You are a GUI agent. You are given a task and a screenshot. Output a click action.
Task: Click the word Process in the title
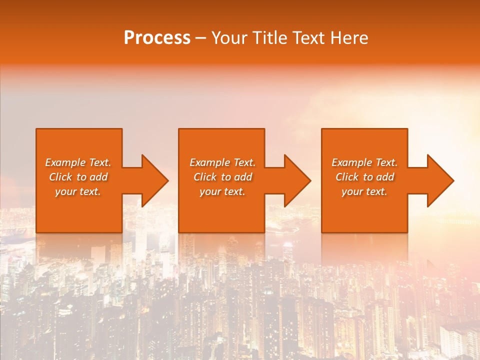(x=157, y=38)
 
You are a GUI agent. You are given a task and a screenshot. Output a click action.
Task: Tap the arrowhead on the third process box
(x=439, y=180)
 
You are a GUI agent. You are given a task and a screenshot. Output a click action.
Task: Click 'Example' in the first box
(x=65, y=162)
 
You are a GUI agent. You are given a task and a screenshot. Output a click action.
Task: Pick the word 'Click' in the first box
(x=60, y=177)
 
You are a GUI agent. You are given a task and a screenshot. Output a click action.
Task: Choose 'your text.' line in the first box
(x=78, y=191)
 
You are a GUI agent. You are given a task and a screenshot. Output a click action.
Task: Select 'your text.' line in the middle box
(x=222, y=191)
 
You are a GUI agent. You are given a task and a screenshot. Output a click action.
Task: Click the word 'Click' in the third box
(x=347, y=177)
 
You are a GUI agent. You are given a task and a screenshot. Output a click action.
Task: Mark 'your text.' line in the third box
(x=364, y=191)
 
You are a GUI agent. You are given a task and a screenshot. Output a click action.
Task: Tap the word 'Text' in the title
(x=307, y=38)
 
